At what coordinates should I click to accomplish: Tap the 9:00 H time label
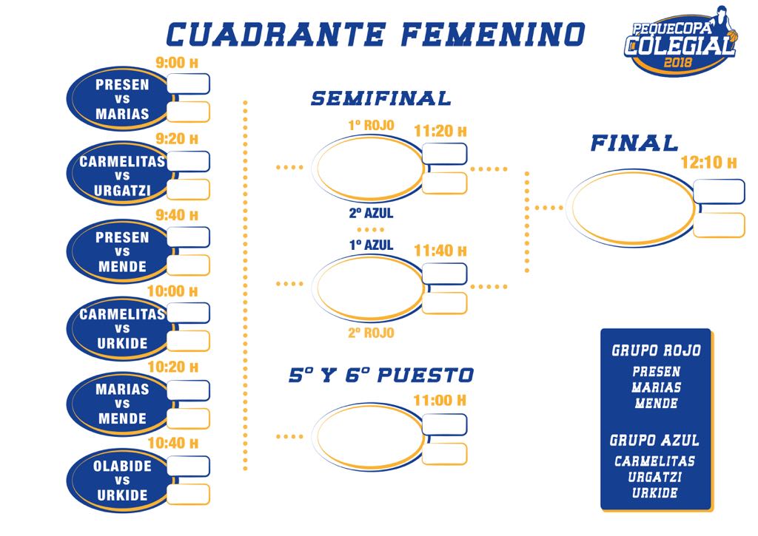(x=176, y=63)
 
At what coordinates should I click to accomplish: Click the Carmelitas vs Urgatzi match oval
(x=120, y=176)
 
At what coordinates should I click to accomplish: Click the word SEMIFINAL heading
(x=380, y=98)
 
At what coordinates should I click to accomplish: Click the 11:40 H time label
(x=440, y=251)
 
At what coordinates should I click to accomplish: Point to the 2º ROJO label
(x=371, y=333)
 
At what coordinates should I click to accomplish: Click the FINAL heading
(x=634, y=143)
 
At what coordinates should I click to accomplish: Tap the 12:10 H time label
(x=708, y=163)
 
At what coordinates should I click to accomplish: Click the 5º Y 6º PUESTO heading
(x=380, y=376)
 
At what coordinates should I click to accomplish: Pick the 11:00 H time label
(x=440, y=401)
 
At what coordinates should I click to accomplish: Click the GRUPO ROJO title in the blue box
(x=656, y=350)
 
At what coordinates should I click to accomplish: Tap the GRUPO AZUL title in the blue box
(x=654, y=440)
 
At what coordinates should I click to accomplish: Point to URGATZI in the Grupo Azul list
(x=655, y=477)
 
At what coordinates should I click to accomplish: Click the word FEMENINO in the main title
(x=494, y=34)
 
